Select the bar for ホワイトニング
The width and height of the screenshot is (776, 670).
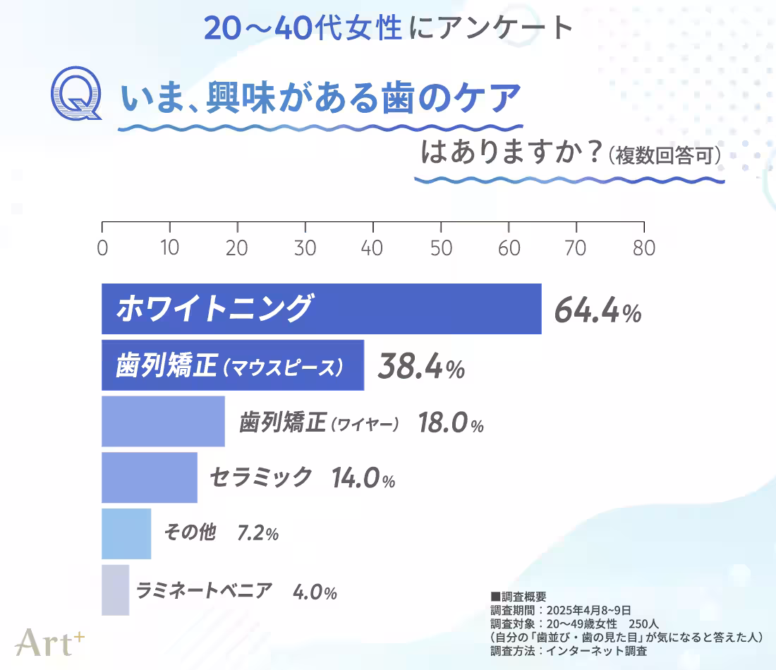(x=321, y=309)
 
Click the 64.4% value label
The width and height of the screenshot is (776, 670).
(x=598, y=310)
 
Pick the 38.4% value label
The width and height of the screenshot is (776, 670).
(x=421, y=366)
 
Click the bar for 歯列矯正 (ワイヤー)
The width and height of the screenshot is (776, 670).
(x=163, y=421)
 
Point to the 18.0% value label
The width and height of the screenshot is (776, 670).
(x=451, y=424)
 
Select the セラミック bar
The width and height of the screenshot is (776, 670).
(x=149, y=477)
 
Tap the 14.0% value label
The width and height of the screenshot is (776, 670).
(x=363, y=479)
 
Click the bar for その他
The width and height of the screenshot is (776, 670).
(x=126, y=533)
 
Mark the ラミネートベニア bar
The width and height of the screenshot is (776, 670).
(x=115, y=590)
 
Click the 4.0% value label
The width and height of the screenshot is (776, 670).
(x=315, y=592)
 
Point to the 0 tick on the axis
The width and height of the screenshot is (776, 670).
(x=102, y=248)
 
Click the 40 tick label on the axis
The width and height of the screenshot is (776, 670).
(x=372, y=248)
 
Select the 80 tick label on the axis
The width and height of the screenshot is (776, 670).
(x=643, y=248)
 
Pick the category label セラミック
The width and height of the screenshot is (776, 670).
(x=260, y=477)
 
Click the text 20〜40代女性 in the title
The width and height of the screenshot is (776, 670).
(x=303, y=28)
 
